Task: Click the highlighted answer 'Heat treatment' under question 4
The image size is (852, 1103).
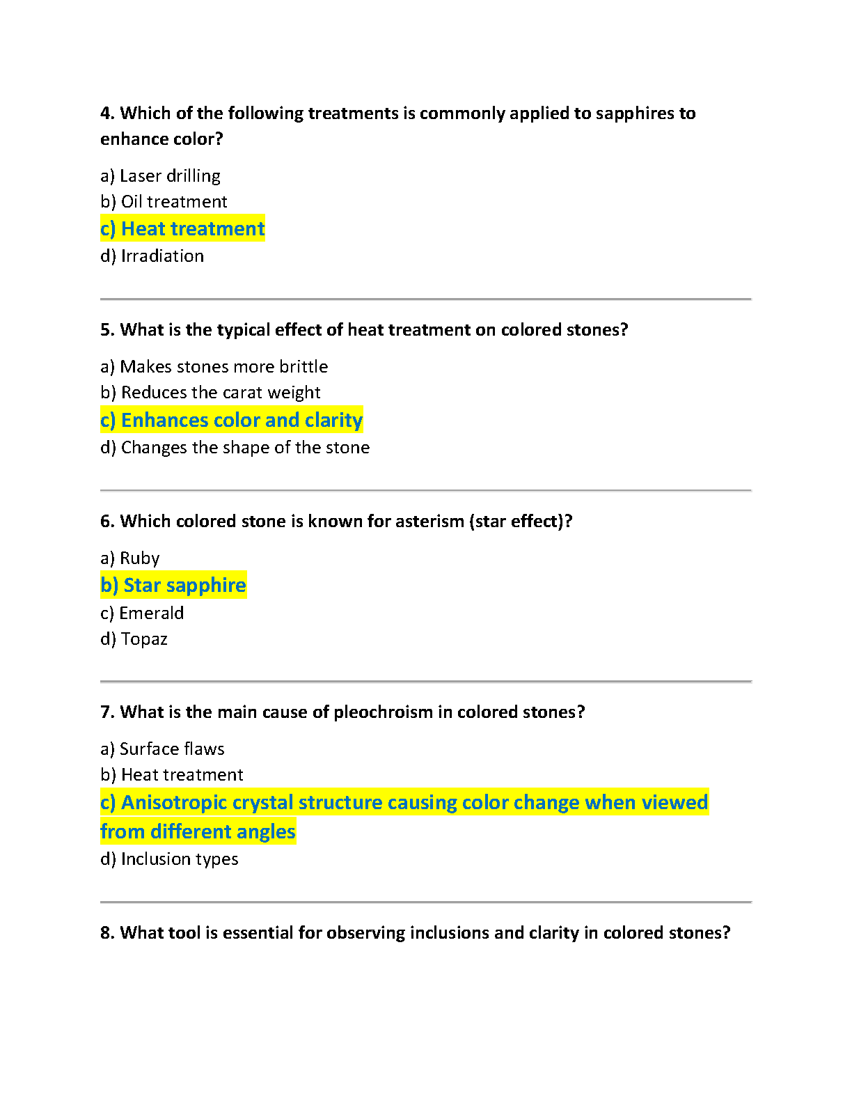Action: pyautogui.click(x=182, y=228)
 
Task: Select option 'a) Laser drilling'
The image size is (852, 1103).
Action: pyautogui.click(x=160, y=176)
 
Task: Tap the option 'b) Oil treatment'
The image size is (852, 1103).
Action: pyautogui.click(x=164, y=202)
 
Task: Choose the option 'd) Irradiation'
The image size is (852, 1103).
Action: pyautogui.click(x=152, y=256)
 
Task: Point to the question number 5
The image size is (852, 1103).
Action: pyautogui.click(x=106, y=330)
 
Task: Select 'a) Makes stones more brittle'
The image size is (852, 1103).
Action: pyautogui.click(x=214, y=367)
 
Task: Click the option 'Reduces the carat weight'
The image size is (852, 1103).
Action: pyautogui.click(x=221, y=393)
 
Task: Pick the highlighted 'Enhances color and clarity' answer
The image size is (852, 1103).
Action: pyautogui.click(x=231, y=420)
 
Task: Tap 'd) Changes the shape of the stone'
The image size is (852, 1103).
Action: pyautogui.click(x=235, y=448)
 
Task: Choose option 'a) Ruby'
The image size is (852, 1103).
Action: pyautogui.click(x=130, y=558)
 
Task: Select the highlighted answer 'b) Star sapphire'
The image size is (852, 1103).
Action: pyautogui.click(x=173, y=586)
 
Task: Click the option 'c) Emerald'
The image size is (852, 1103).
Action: pyautogui.click(x=142, y=613)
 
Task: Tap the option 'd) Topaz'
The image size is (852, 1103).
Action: pyautogui.click(x=134, y=639)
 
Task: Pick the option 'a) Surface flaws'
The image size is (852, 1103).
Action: pyautogui.click(x=162, y=749)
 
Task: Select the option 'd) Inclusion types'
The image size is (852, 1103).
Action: pyautogui.click(x=169, y=859)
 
